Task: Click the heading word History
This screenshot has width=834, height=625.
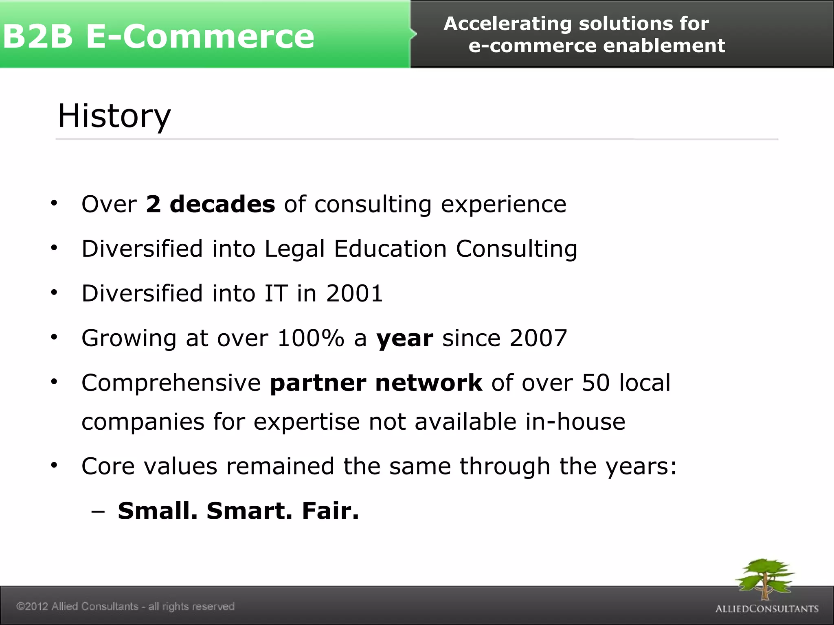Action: (x=114, y=116)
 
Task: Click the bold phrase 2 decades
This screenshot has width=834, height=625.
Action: (x=210, y=204)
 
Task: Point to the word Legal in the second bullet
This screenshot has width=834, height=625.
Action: (x=294, y=249)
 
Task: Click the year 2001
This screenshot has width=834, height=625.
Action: (x=354, y=293)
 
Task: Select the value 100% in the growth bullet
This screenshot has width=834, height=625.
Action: (x=311, y=338)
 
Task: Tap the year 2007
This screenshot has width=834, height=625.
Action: (x=538, y=338)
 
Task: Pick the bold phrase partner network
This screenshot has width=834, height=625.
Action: (x=376, y=383)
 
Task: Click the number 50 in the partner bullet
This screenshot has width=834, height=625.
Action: (x=595, y=383)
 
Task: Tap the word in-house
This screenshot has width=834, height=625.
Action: (x=575, y=422)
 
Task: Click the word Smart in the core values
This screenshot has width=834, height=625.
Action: (x=249, y=511)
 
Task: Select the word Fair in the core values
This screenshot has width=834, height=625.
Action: (x=330, y=511)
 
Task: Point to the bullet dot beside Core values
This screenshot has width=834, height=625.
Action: (x=54, y=465)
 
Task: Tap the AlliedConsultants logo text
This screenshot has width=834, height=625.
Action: (x=767, y=609)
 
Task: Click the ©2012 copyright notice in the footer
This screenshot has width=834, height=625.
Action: (x=125, y=607)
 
